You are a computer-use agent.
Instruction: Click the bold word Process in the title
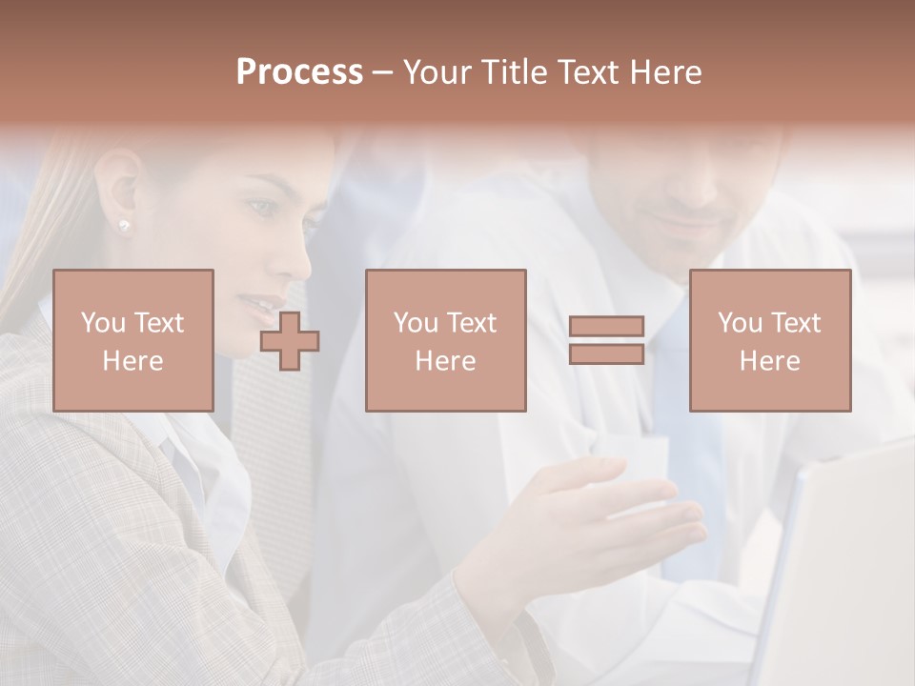(x=299, y=72)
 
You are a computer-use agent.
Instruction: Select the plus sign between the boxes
(x=290, y=341)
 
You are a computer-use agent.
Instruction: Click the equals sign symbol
(x=606, y=340)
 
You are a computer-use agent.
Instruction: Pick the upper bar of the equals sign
(x=606, y=326)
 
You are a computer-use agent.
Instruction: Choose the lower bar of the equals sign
(x=606, y=354)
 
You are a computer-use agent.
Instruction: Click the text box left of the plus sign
(x=132, y=340)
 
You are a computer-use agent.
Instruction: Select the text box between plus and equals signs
(x=445, y=340)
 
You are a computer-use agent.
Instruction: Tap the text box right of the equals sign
(x=769, y=340)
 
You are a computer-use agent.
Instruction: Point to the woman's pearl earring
(x=124, y=225)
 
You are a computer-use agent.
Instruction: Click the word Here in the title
(x=664, y=72)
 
